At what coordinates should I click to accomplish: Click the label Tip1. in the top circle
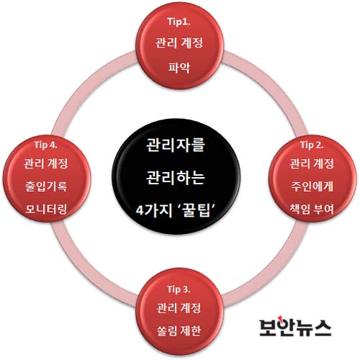point(179,22)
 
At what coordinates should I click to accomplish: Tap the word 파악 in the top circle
point(179,68)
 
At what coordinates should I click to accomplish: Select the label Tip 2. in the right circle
point(312,145)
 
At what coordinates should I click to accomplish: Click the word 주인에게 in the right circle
point(312,186)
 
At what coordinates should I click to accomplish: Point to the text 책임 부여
point(312,209)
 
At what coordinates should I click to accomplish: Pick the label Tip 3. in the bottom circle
point(179,289)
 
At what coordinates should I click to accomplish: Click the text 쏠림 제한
point(179,330)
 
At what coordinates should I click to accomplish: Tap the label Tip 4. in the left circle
point(46,145)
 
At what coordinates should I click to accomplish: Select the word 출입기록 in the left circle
point(46,186)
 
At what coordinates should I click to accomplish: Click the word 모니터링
point(46,209)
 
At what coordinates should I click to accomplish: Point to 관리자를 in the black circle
point(176,145)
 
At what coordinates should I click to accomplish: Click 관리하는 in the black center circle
point(176,178)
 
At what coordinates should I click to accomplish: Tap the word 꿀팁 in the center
point(196,210)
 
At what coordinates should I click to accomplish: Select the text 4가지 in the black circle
point(154,210)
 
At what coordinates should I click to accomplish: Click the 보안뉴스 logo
point(296,327)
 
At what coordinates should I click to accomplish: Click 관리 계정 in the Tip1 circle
point(179,43)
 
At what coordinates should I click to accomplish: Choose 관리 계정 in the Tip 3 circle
point(179,308)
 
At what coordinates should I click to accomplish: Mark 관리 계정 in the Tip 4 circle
point(46,163)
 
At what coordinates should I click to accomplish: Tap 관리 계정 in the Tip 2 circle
point(312,163)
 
